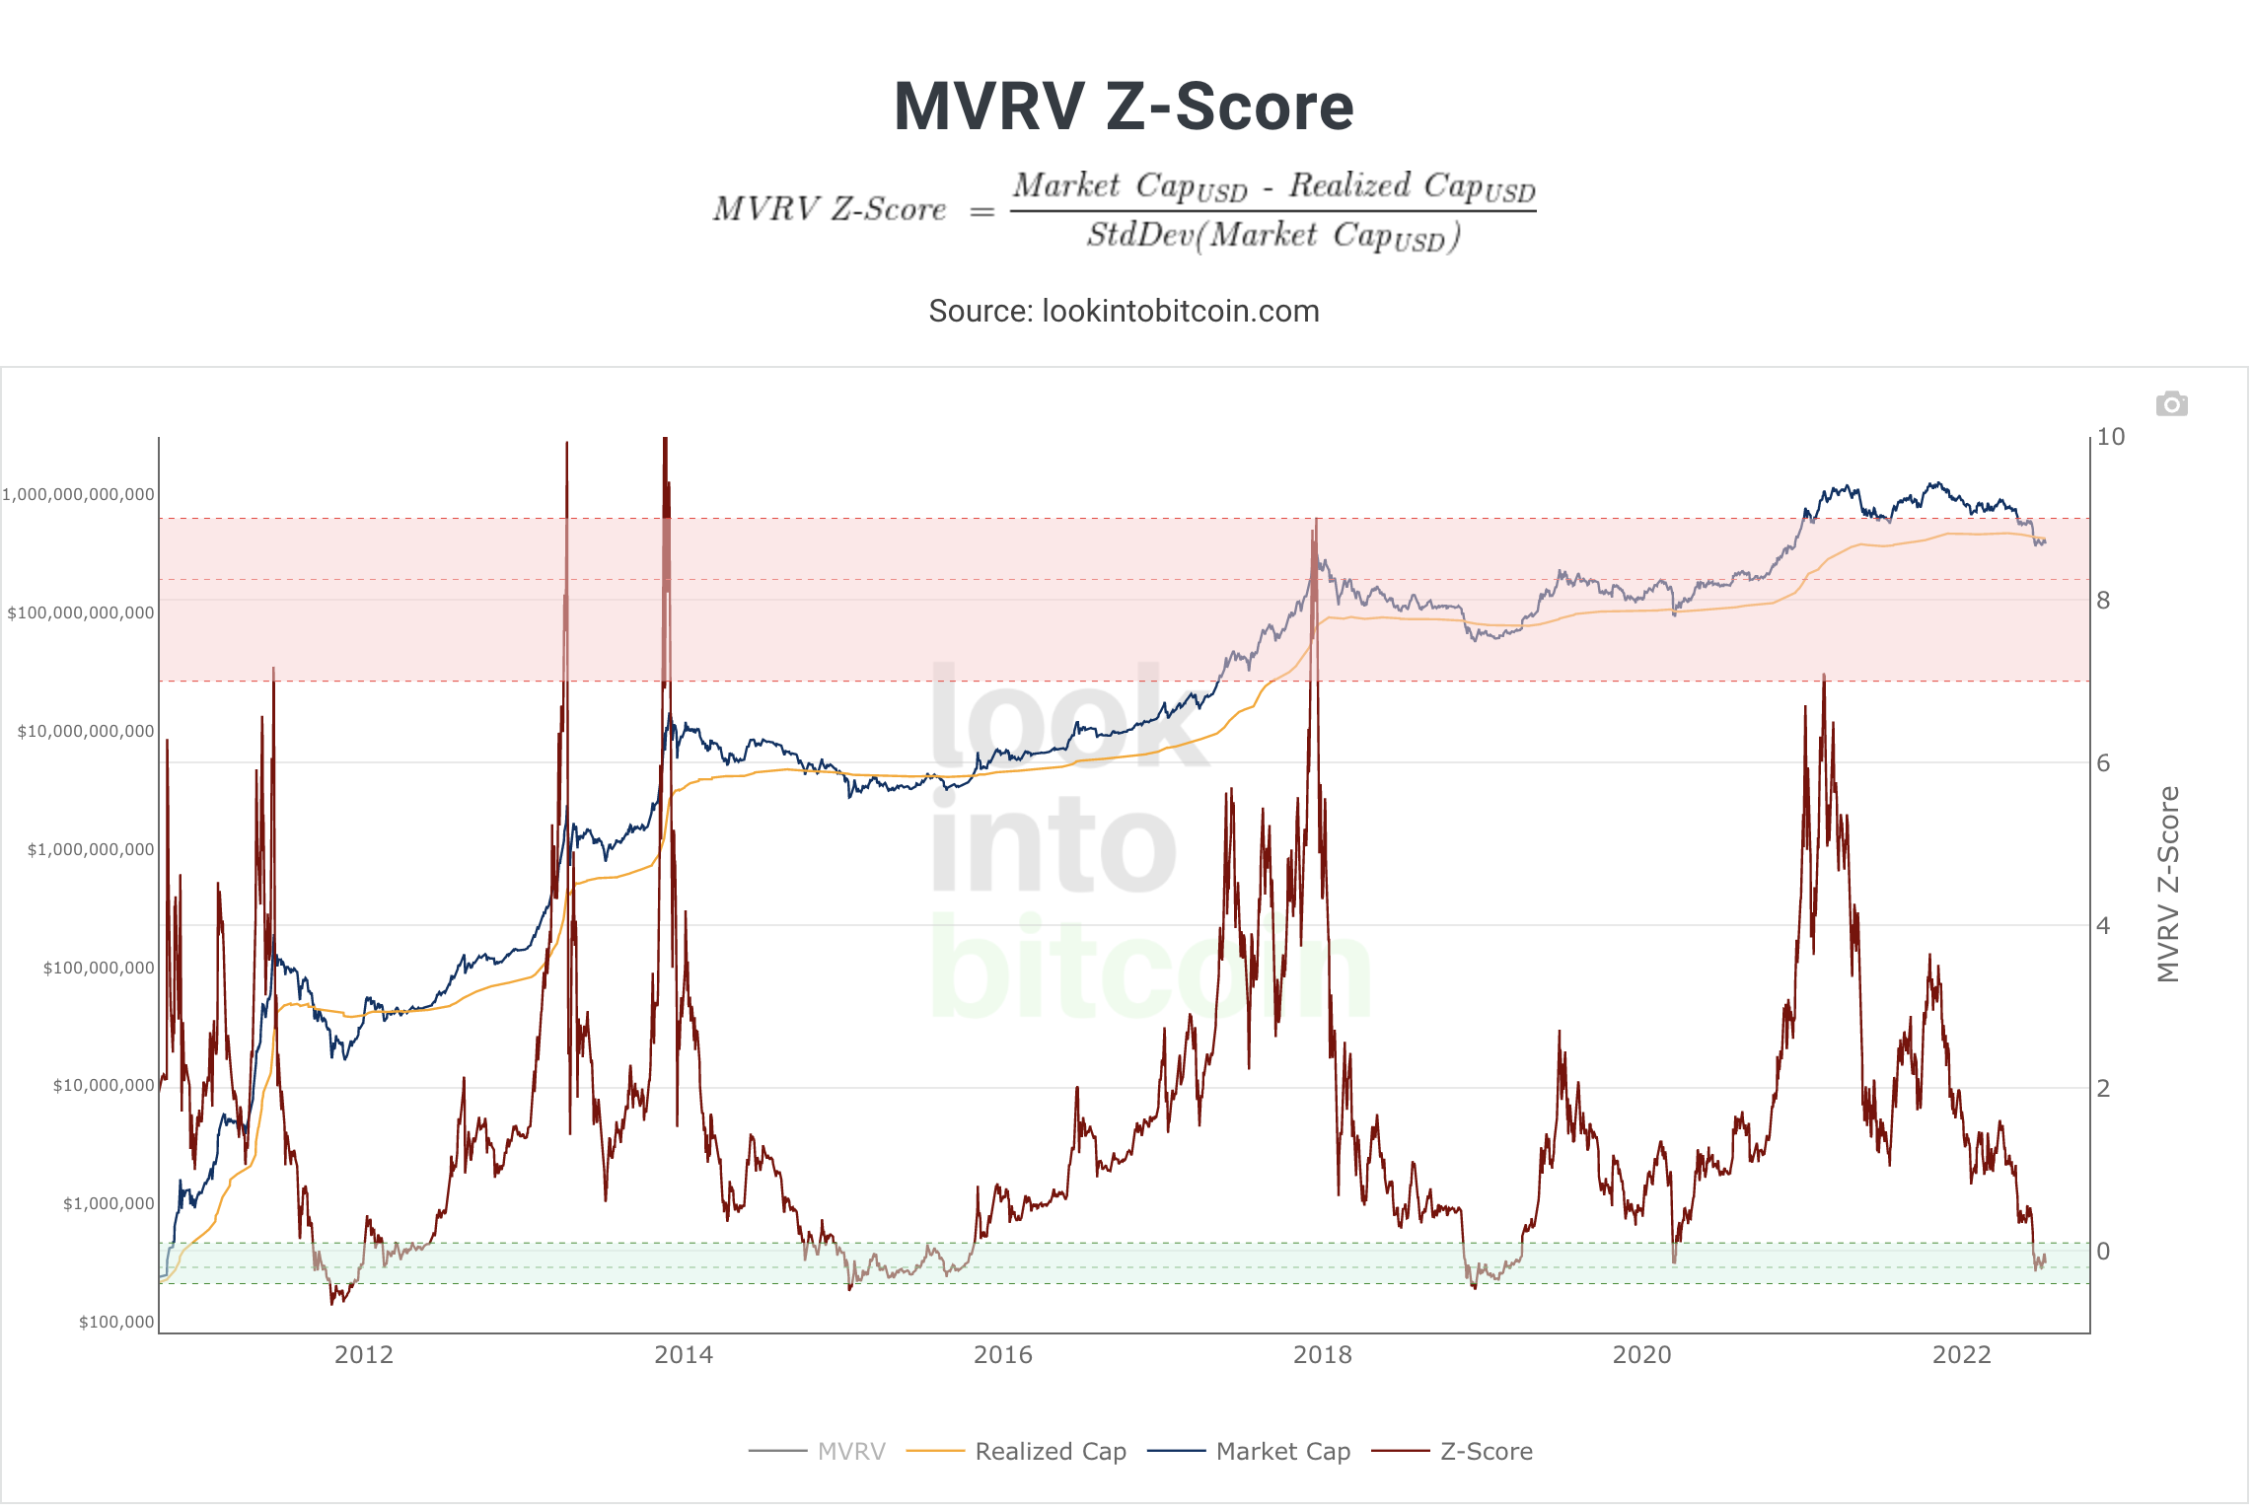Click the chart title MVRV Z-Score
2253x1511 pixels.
(x=1124, y=107)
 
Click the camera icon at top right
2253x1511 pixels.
(x=2171, y=403)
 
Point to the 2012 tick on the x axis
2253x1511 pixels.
(x=364, y=1354)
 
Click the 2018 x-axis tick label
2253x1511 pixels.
(x=1323, y=1354)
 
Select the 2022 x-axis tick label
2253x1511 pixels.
(x=1962, y=1354)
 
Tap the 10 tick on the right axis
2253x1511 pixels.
(x=2111, y=436)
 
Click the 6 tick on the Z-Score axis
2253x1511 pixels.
(x=2104, y=762)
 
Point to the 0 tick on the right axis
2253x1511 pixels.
(x=2104, y=1251)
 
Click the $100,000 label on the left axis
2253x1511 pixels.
(x=116, y=1322)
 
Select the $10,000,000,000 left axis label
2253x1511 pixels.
(x=86, y=731)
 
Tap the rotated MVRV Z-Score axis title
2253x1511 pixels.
(x=2167, y=885)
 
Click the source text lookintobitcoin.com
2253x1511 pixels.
(x=1181, y=311)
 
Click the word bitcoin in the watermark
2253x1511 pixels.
(x=1150, y=968)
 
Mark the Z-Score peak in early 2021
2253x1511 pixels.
(x=1824, y=675)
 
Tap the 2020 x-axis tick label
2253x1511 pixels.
(x=1642, y=1354)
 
